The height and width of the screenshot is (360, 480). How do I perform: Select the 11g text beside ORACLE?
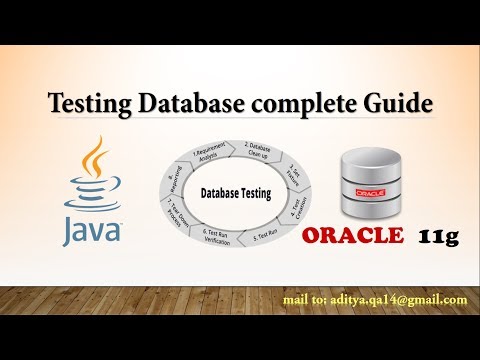tap(436, 237)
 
